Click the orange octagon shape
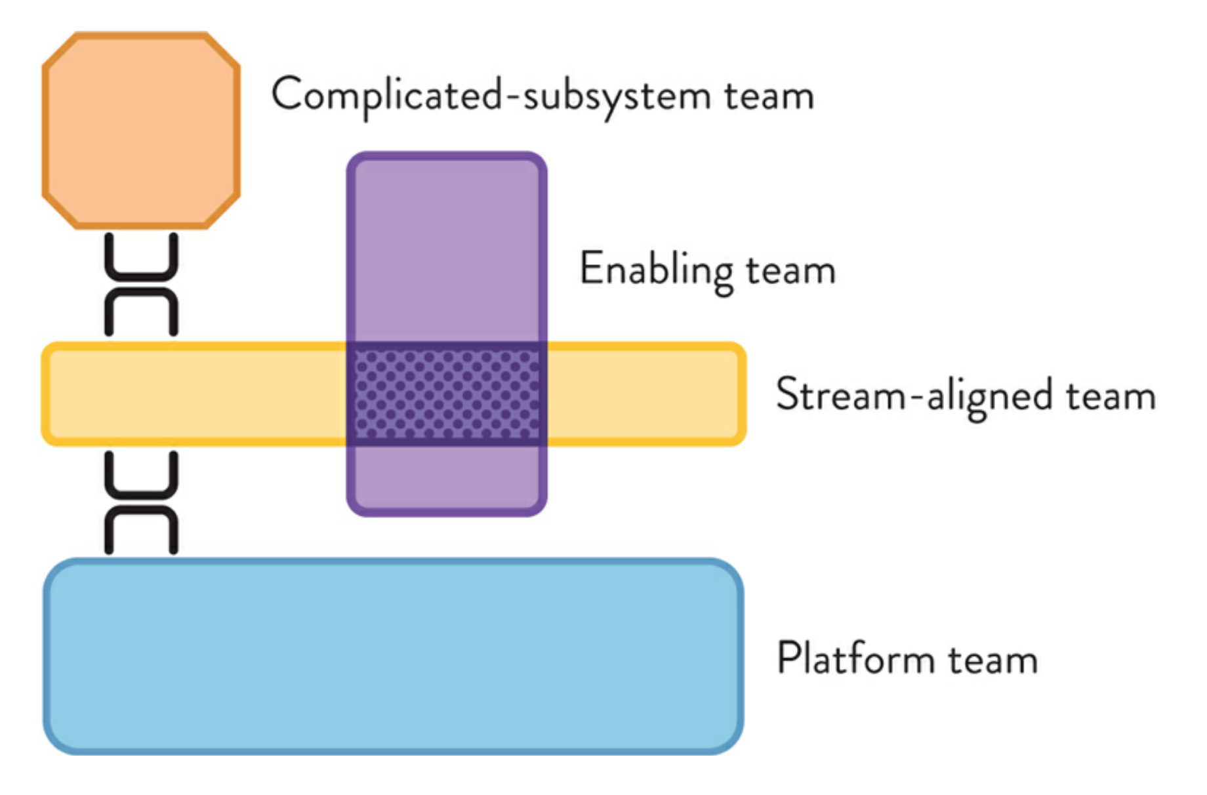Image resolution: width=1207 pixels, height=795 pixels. click(141, 130)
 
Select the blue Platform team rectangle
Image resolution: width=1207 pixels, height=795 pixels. click(394, 656)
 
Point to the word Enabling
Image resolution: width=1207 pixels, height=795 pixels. click(656, 270)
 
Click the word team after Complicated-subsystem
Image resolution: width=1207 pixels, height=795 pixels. click(769, 96)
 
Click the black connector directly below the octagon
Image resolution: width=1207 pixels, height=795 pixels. click(141, 260)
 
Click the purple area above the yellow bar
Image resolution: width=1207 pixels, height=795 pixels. click(447, 249)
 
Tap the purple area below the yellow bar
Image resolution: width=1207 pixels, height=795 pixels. click(447, 479)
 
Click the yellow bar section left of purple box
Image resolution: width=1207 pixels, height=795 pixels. click(197, 394)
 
